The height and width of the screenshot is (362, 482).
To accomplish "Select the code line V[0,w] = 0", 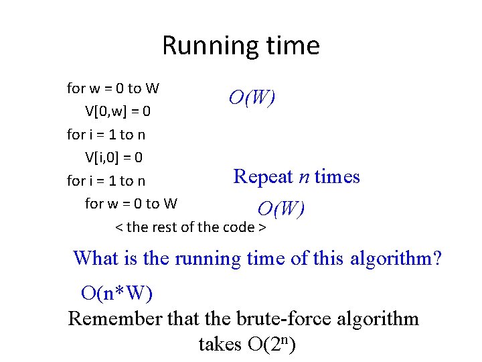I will [122, 111].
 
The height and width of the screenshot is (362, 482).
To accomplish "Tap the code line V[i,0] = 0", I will [114, 158].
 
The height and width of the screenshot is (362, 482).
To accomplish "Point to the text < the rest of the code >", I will [191, 227].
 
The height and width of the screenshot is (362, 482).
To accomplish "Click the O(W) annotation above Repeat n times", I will [252, 98].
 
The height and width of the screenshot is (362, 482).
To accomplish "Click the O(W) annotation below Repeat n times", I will [281, 209].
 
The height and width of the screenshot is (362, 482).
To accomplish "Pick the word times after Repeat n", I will [337, 177].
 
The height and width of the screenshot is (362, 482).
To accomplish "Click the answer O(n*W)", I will [116, 293].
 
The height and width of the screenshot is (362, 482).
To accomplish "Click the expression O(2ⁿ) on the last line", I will [272, 345].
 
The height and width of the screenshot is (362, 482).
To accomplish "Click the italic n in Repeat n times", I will [304, 178].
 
